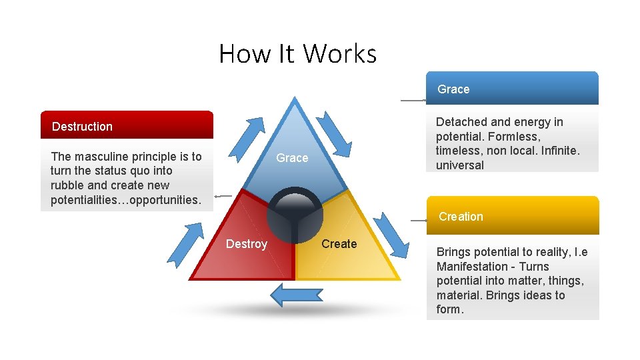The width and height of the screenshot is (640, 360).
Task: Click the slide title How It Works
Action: [x=297, y=53]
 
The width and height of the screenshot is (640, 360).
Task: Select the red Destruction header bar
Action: [x=127, y=125]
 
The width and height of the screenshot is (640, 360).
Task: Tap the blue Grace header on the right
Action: [x=512, y=89]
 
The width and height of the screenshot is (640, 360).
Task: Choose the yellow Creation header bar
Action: [x=512, y=216]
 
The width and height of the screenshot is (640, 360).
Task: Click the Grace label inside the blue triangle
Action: [x=292, y=158]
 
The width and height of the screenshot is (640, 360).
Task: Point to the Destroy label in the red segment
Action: [x=246, y=244]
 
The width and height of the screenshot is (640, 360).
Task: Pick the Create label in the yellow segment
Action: [x=339, y=244]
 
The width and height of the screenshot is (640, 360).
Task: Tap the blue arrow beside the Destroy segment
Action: [x=185, y=243]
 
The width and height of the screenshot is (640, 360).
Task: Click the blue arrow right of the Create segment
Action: [x=392, y=235]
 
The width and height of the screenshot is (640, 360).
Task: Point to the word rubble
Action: [x=69, y=185]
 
